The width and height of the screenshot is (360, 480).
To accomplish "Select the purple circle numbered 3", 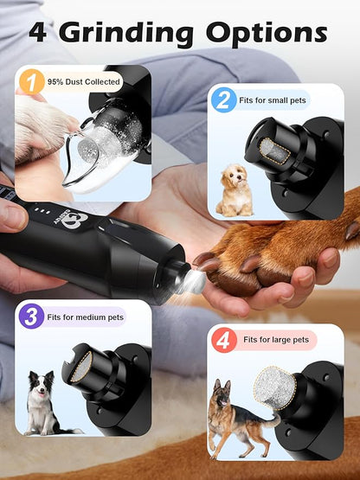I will pos(33,316).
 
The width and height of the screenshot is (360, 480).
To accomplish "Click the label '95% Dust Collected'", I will pos(85,83).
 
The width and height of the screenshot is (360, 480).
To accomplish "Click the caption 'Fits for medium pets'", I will pos(88,316).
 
